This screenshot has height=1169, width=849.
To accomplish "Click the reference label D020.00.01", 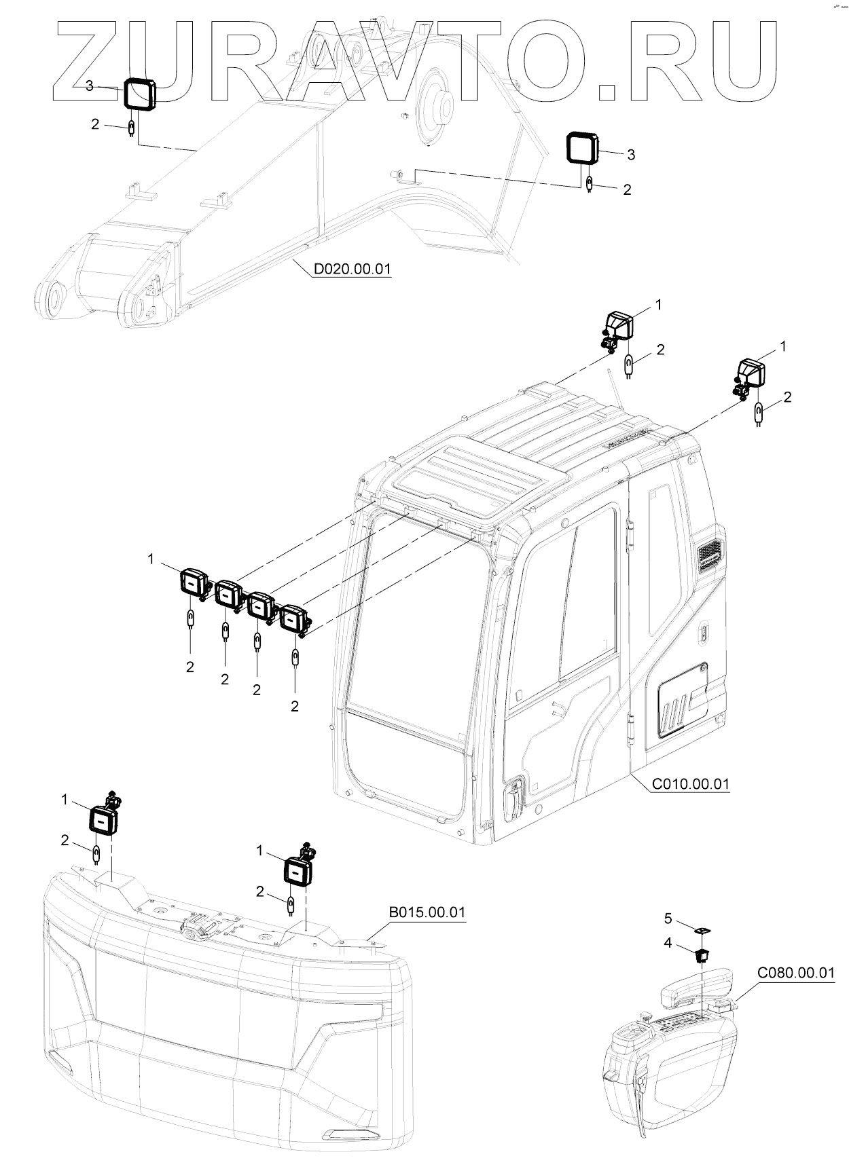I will (x=352, y=270).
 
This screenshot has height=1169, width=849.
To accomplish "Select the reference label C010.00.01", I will (x=690, y=784).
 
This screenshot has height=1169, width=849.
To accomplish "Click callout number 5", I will (x=668, y=918).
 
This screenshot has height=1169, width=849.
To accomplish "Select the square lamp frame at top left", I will (x=139, y=94).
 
